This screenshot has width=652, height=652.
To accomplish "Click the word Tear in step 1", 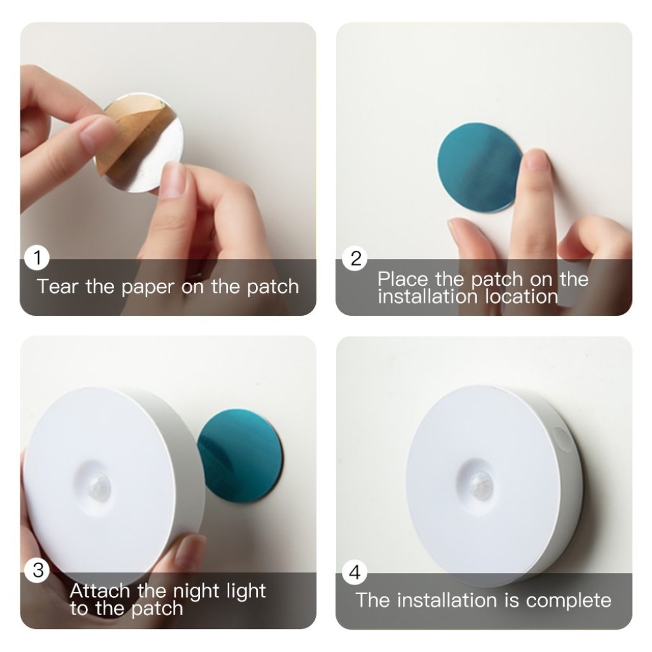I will [58, 286].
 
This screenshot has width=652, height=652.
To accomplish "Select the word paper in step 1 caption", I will [146, 287].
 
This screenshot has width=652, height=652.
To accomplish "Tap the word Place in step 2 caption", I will [403, 279].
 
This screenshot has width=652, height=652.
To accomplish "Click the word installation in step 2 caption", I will [427, 296].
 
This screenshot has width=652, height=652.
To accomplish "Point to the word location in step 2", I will [521, 296].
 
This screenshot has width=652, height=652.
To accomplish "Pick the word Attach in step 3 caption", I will [100, 591].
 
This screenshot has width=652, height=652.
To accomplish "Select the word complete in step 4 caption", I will [569, 600].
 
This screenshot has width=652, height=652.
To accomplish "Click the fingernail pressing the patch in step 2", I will [537, 160].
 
